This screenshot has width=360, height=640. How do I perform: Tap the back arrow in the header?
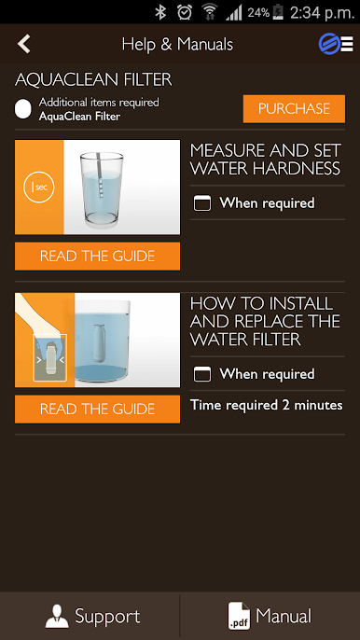(x=24, y=44)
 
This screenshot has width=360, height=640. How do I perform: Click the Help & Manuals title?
(x=177, y=44)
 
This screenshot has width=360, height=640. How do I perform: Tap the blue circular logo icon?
(x=329, y=44)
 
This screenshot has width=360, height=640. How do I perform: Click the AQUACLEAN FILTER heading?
(x=93, y=80)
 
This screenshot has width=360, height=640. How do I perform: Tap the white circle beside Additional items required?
(x=23, y=109)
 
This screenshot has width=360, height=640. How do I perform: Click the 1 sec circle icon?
(x=39, y=188)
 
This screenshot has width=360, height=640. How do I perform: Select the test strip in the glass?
(x=100, y=175)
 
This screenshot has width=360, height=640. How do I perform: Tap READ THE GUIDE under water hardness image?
(x=97, y=256)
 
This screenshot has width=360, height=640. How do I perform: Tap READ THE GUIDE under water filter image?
(x=97, y=409)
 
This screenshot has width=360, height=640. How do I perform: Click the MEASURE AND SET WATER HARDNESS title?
(x=265, y=160)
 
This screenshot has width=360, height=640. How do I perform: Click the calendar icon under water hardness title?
(x=202, y=203)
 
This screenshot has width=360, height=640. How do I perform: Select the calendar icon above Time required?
(x=202, y=374)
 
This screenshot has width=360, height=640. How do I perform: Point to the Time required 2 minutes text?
(x=267, y=405)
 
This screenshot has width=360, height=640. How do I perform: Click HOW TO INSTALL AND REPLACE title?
(x=265, y=321)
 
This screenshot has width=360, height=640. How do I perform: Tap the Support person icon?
(x=57, y=617)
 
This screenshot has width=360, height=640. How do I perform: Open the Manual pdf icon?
(x=239, y=616)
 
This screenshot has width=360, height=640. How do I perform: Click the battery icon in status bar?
(x=278, y=12)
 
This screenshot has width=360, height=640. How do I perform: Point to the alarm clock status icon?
(x=185, y=12)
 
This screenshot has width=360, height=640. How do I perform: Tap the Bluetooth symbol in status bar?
(x=160, y=12)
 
